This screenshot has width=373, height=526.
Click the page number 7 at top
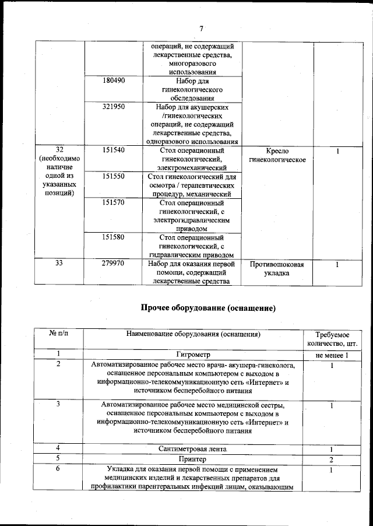click(x=202, y=29)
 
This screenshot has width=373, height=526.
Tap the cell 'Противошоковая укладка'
click(x=277, y=268)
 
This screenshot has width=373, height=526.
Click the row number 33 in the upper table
click(x=59, y=264)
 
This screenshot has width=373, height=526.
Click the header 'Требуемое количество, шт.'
click(x=332, y=339)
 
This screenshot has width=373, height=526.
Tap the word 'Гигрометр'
click(x=193, y=355)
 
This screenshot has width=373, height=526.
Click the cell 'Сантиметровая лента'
click(x=193, y=449)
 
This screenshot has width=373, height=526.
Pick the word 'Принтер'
click(x=193, y=459)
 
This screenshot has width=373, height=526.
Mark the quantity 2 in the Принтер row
click(x=332, y=460)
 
